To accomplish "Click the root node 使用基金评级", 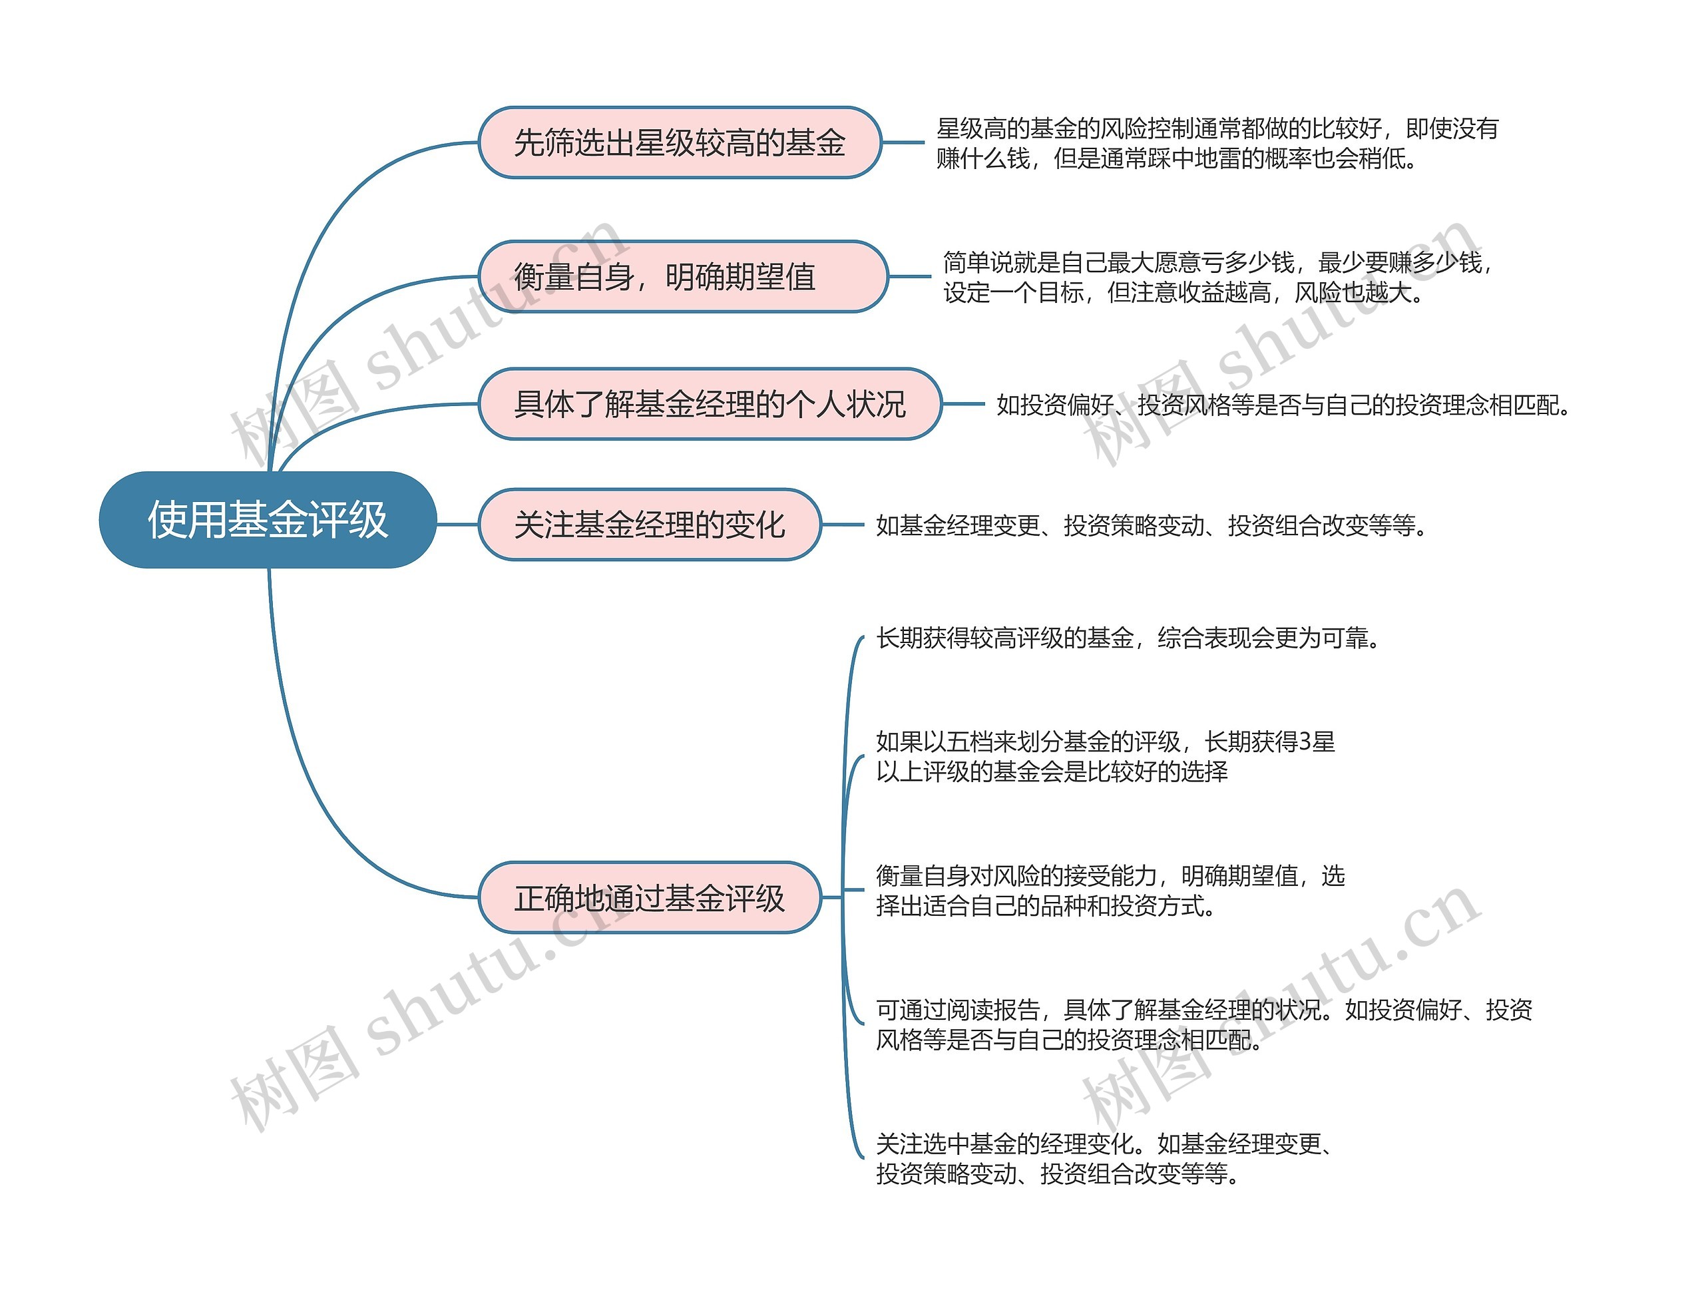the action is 268,519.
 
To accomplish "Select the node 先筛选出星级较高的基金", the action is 680,142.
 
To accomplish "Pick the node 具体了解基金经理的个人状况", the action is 710,404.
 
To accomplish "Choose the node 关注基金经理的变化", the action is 649,525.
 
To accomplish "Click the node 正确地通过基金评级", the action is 649,897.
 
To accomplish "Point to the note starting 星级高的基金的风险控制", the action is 1217,143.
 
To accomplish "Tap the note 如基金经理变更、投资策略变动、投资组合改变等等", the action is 1151,525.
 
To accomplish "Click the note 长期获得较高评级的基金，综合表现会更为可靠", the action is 1128,638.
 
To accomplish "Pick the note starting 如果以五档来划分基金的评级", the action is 1105,756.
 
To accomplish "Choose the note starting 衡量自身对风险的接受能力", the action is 1110,890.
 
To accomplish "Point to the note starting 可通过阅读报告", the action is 1203,1024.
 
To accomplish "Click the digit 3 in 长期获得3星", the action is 1305,742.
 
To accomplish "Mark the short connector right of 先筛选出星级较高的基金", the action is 903,142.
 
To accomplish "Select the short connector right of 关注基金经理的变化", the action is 842,525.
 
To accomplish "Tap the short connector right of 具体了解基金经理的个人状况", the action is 963,404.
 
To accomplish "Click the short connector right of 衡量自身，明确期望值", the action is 909,276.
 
